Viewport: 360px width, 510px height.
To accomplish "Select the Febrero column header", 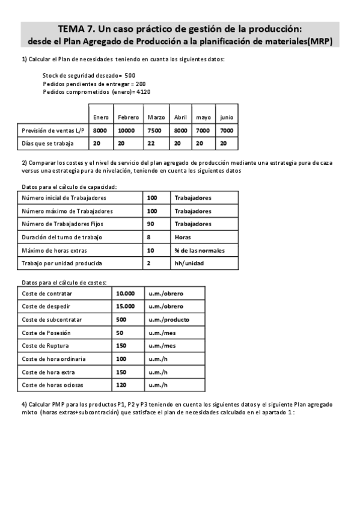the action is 128,117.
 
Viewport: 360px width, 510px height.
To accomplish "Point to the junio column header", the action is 227,117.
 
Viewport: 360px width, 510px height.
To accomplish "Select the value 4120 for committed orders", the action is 143,92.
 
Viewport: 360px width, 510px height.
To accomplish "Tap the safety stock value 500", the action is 130,75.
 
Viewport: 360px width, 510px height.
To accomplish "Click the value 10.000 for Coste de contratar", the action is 125,293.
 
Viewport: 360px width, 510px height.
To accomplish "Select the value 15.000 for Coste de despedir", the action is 125,306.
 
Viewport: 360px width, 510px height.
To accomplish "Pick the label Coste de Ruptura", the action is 44,345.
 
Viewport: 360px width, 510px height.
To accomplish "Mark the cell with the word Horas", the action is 183,237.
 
